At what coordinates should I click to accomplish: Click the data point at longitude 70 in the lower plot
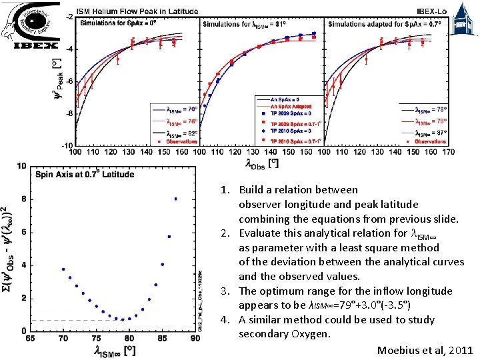(63, 269)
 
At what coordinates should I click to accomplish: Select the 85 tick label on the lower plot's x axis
(161, 339)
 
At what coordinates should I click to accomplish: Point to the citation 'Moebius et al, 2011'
(425, 350)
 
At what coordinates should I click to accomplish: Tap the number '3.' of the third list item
(226, 291)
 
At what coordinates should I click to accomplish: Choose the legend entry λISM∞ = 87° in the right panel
(431, 131)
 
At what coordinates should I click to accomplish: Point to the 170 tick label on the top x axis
(449, 152)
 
